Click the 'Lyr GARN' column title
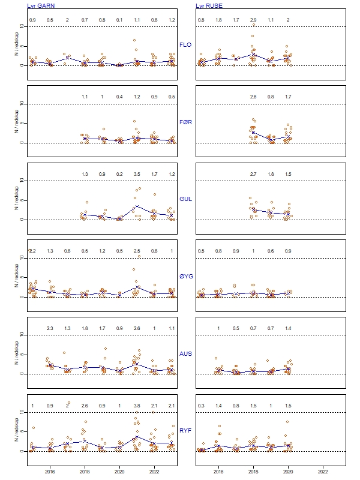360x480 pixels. pyautogui.click(x=40, y=5)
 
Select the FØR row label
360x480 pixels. pyautogui.click(x=186, y=122)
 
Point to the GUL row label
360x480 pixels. pyautogui.click(x=186, y=199)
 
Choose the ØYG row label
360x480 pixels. pyautogui.click(x=186, y=277)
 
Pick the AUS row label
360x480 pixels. pyautogui.click(x=186, y=354)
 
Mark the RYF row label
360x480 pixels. pyautogui.click(x=186, y=431)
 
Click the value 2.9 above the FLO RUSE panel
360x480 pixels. pyautogui.click(x=253, y=20)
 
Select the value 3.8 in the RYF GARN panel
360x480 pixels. pyautogui.click(x=137, y=406)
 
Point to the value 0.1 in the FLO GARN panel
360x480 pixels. pyautogui.click(x=119, y=20)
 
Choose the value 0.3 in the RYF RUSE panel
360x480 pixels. pyautogui.click(x=201, y=406)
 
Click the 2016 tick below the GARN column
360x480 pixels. pyautogui.click(x=50, y=472)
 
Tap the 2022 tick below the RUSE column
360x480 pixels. pyautogui.click(x=322, y=472)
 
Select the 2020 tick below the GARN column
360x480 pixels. pyautogui.click(x=119, y=472)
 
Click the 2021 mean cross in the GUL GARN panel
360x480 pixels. pyautogui.click(x=137, y=206)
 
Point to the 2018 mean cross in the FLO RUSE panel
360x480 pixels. pyautogui.click(x=253, y=54)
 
